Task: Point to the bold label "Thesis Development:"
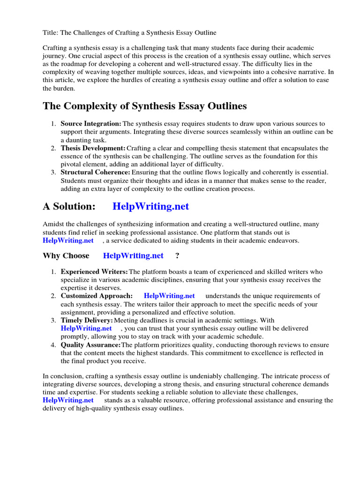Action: click(92, 148)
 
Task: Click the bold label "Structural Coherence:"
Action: click(95, 172)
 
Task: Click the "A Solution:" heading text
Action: click(69, 206)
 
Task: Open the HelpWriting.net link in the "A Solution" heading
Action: click(151, 206)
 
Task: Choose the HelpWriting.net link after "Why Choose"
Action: click(133, 255)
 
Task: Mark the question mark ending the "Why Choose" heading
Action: click(177, 255)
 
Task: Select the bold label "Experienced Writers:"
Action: click(94, 272)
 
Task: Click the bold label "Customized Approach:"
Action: click(97, 296)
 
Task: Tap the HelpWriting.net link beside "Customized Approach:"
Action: click(169, 296)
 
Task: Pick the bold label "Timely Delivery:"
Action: click(87, 320)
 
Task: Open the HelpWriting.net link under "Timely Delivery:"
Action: click(86, 328)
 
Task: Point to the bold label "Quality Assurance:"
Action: click(91, 345)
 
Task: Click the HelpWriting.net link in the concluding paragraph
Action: click(68, 400)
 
